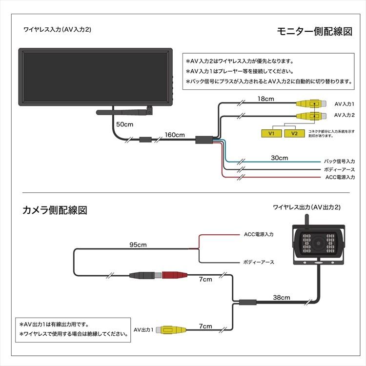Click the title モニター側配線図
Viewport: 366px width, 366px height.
(x=314, y=32)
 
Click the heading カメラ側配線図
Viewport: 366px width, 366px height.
(x=55, y=210)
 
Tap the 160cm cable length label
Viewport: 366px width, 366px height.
(x=175, y=135)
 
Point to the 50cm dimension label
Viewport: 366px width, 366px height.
(x=124, y=124)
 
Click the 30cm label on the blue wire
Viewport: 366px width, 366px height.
(x=280, y=158)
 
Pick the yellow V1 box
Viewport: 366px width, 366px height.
(x=272, y=133)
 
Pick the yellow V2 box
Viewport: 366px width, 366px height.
(x=294, y=133)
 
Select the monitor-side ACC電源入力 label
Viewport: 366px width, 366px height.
(x=340, y=177)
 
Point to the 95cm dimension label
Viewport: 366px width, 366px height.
(x=138, y=244)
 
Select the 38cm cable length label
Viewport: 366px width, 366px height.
(x=282, y=297)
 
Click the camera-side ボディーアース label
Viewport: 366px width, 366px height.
(x=258, y=262)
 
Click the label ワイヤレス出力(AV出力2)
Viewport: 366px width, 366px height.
(x=306, y=207)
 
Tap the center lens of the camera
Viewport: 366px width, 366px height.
(x=320, y=244)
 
